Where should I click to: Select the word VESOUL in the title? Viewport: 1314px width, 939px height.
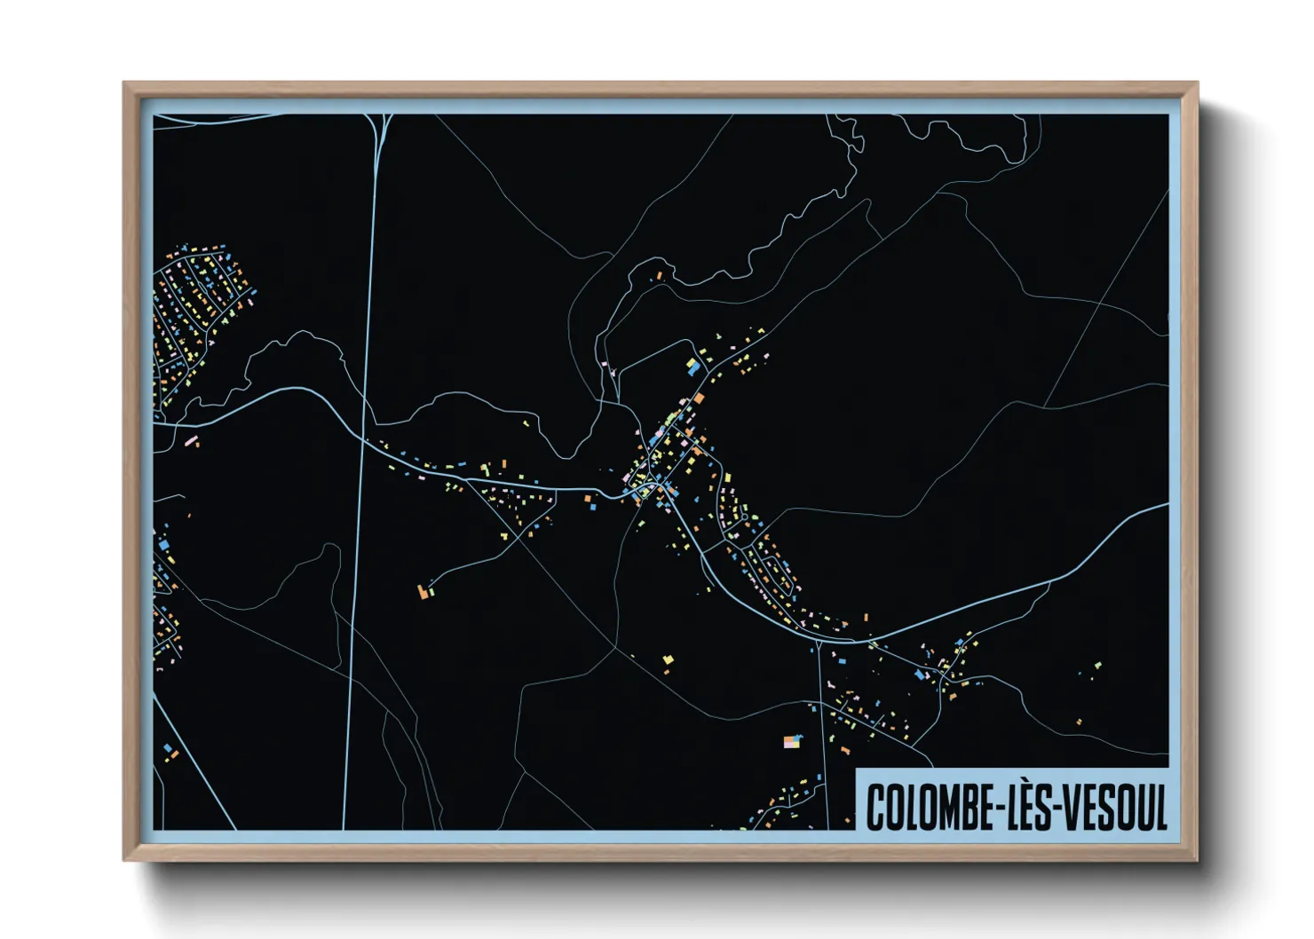click(1114, 808)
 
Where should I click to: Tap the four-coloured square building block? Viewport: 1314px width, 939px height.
click(792, 741)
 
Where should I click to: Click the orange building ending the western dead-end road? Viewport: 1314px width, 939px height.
click(423, 590)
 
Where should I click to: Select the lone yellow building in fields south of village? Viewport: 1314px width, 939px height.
click(669, 659)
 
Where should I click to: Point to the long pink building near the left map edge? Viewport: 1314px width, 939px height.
click(189, 440)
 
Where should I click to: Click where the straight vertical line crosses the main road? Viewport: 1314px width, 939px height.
click(364, 438)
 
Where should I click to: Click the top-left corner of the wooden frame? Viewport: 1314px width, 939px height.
click(124, 83)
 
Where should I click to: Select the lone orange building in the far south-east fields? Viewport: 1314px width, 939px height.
click(1079, 722)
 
